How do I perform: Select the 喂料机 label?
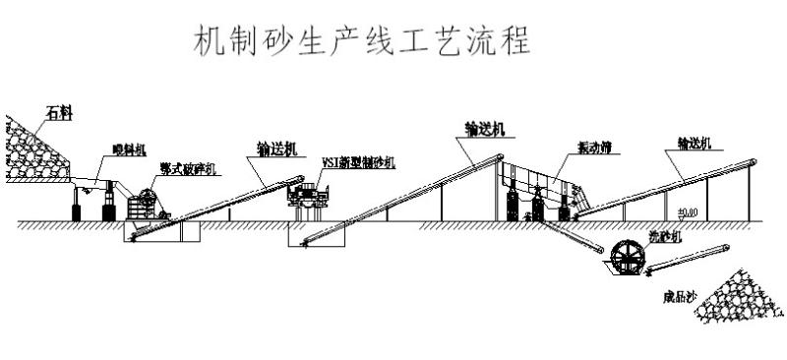127,150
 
